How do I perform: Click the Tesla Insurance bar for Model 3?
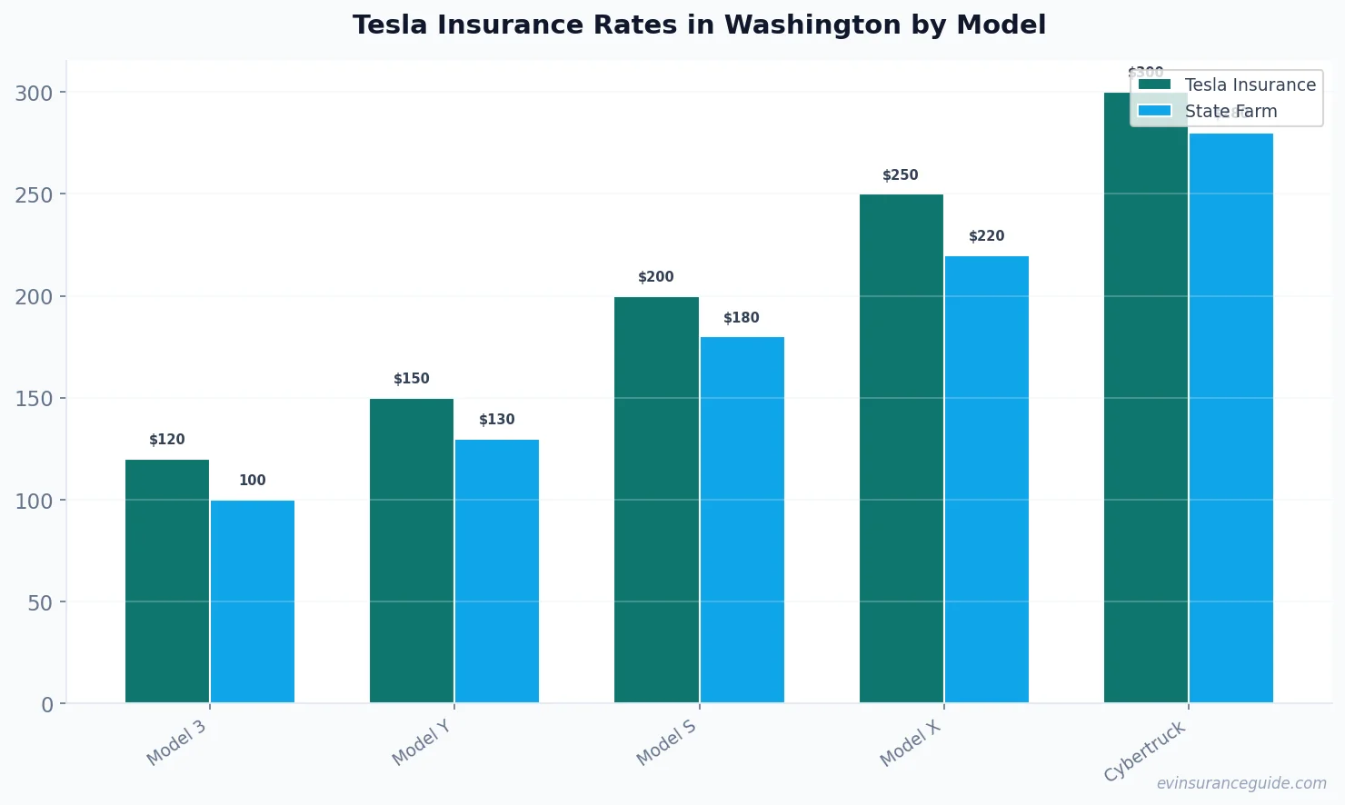click(167, 581)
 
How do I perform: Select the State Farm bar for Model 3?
click(253, 601)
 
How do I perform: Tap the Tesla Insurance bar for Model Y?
click(412, 551)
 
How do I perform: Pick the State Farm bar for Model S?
click(742, 520)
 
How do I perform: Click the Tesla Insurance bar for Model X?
click(902, 449)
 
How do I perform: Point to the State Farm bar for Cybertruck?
click(1231, 418)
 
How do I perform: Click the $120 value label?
click(167, 440)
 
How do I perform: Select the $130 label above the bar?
click(497, 420)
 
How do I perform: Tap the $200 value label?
click(656, 277)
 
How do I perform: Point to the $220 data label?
click(987, 236)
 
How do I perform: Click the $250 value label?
click(901, 175)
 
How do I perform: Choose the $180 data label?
click(742, 318)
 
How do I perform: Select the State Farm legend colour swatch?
click(1154, 111)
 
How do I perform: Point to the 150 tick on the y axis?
click(34, 399)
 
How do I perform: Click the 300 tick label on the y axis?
click(34, 93)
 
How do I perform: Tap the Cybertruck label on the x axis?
click(1145, 751)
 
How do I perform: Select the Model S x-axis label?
click(666, 742)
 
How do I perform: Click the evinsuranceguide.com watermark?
click(1241, 783)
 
